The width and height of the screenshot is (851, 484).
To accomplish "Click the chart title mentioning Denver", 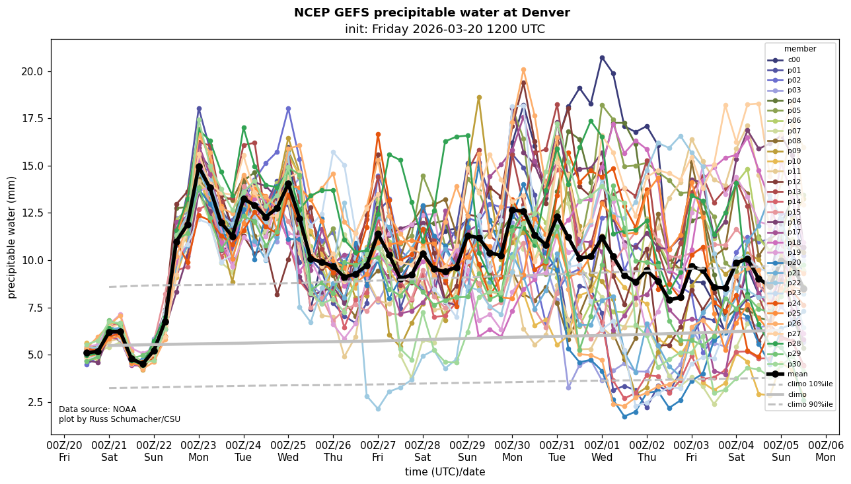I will point(431,13).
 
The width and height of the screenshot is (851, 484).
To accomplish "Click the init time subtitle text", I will point(445,29).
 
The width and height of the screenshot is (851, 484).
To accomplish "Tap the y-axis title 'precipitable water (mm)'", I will point(12,236).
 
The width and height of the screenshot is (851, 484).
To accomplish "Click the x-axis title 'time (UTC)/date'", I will point(445,471).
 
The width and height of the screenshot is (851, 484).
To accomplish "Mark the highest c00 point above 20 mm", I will point(602,57).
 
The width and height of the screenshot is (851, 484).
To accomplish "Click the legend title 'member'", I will point(800,49).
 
